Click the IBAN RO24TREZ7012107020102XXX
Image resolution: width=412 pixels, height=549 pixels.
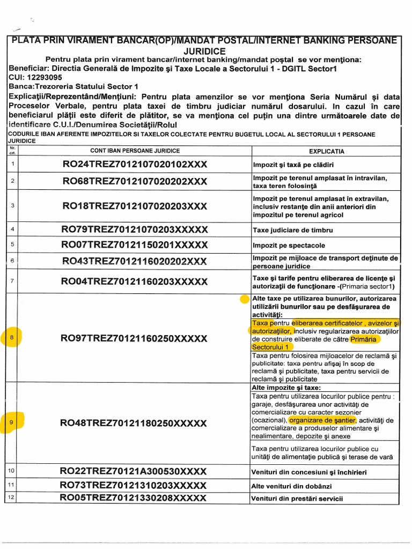[135, 164]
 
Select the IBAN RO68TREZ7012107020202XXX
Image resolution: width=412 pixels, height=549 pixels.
[135, 181]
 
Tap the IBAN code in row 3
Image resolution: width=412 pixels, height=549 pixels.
[135, 206]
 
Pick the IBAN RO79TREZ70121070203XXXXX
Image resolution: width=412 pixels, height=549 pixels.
[135, 229]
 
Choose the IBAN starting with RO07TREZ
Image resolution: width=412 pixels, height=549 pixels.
[135, 245]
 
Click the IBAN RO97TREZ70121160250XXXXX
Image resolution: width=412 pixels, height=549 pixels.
[134, 338]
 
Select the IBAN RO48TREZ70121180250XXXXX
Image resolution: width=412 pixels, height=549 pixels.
[134, 423]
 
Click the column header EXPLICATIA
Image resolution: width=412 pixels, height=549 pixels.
[327, 151]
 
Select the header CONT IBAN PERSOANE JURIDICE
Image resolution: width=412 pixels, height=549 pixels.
[135, 151]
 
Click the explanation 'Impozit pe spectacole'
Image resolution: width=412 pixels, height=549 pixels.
[289, 246]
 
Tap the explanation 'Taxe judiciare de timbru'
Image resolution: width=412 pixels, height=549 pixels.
[293, 230]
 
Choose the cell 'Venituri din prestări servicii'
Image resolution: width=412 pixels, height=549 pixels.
[297, 499]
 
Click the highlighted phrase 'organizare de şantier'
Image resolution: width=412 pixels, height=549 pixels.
[322, 420]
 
